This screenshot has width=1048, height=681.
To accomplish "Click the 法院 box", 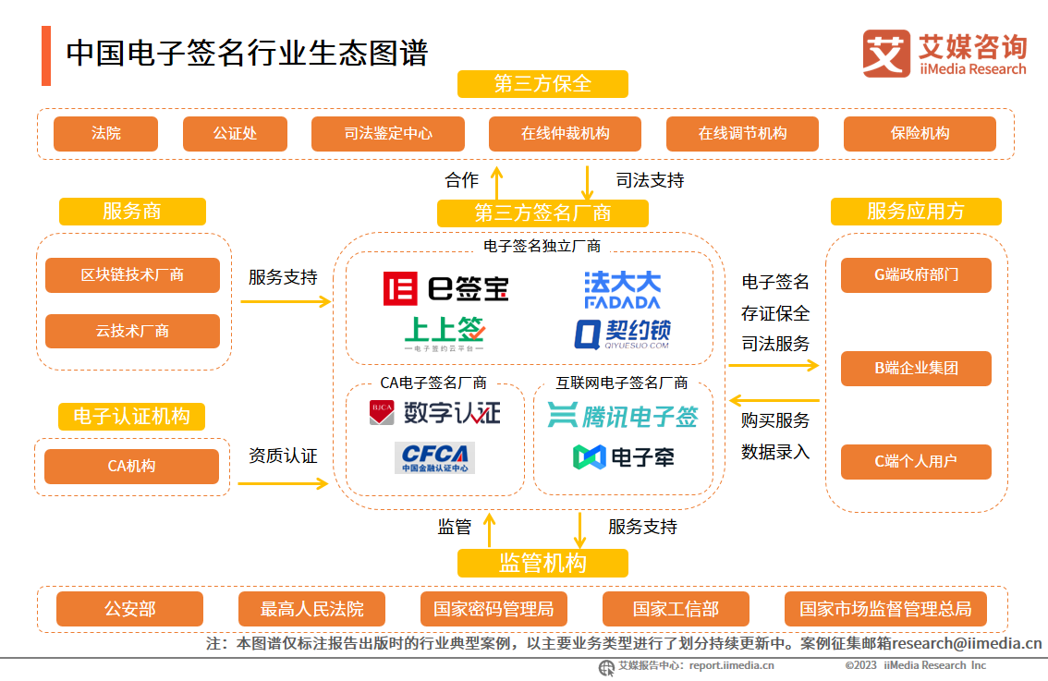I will pos(105,133).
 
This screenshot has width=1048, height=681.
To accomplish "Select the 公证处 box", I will pos(235,133).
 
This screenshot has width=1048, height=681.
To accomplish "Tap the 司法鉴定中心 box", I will pos(388,133).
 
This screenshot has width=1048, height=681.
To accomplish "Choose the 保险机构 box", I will pos(920,133).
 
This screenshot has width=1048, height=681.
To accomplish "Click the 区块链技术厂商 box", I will pos(132,275).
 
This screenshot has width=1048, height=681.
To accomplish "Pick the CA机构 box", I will pos(131,467).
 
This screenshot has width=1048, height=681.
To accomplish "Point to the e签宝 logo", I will pos(446,288).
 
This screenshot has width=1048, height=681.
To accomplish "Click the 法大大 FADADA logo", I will pos(622,289).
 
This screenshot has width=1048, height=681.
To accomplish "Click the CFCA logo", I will pos(434,457).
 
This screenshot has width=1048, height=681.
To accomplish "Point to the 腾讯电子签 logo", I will pos(623,416).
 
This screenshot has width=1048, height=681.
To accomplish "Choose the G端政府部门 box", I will pos(916,275).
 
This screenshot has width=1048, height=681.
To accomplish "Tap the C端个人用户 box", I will pos(916,461).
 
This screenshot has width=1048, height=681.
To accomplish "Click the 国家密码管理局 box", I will pos(494,609).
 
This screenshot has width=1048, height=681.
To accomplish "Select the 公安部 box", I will pos(129,609).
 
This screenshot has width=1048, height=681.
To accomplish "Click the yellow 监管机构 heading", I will pos(542,563).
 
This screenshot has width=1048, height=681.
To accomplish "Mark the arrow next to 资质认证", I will pos(283,483).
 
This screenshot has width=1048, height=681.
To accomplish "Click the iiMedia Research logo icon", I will pos(886,53).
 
